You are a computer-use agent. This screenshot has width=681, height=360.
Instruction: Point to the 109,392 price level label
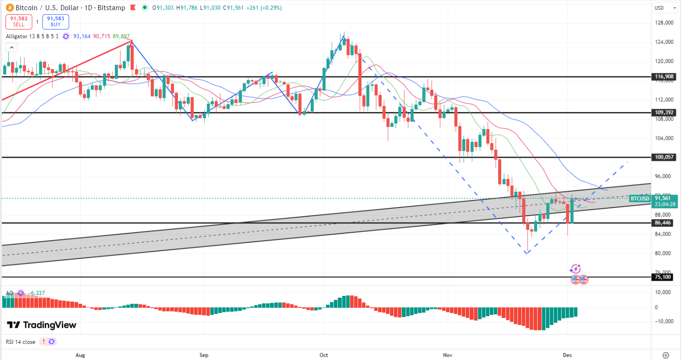pyautogui.click(x=664, y=112)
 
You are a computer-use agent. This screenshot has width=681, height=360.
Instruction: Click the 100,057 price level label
pyautogui.click(x=664, y=157)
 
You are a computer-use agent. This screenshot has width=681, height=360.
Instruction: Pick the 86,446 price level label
pyautogui.click(x=664, y=223)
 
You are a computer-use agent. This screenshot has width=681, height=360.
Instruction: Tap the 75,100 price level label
pyautogui.click(x=664, y=277)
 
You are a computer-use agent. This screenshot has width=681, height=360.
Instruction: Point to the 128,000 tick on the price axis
pyautogui.click(x=664, y=23)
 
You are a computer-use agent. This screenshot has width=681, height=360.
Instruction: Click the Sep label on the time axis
pyautogui.click(x=204, y=355)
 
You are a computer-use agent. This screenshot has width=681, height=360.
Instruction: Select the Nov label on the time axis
pyautogui.click(x=447, y=355)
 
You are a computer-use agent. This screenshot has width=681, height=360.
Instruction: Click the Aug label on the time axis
pyautogui.click(x=80, y=355)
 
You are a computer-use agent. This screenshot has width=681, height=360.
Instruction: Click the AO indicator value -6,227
pyautogui.click(x=36, y=293)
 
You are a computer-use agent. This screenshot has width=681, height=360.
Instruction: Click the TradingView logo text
pyautogui.click(x=41, y=325)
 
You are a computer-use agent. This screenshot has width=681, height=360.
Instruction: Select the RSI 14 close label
pyautogui.click(x=21, y=342)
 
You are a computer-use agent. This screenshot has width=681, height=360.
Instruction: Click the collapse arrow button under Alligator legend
pyautogui.click(x=12, y=47)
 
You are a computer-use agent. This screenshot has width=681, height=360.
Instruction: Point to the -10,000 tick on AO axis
pyautogui.click(x=664, y=321)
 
